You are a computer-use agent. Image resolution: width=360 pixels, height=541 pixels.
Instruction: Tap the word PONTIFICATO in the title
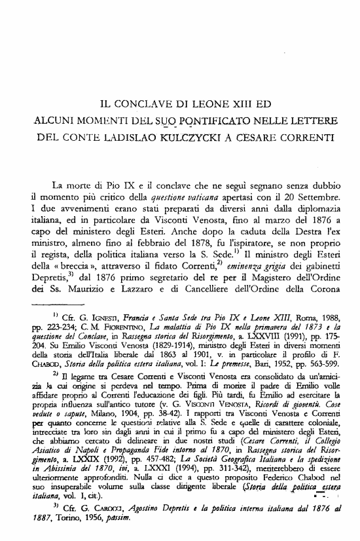pos(229,121)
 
